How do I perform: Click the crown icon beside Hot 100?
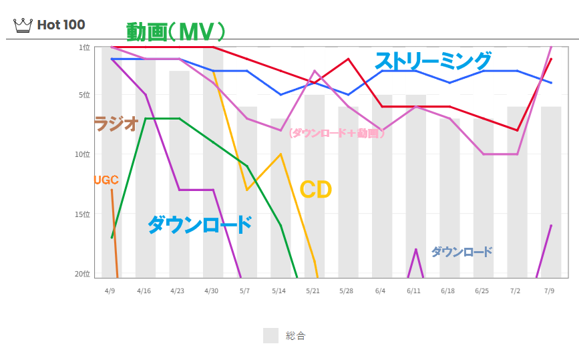[23, 25]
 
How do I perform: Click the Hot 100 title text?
[61, 25]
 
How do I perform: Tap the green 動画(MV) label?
[176, 31]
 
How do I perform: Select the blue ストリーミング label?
[433, 61]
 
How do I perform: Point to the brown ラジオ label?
[116, 124]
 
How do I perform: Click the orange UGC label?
[106, 180]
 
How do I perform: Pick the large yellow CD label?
[316, 190]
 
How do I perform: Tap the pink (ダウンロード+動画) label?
[337, 133]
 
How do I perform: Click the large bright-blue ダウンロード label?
[199, 224]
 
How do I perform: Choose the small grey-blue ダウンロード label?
[461, 252]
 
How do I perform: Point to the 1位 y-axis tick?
[84, 47]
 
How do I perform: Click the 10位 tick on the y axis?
[82, 154]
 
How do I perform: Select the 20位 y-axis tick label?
[82, 274]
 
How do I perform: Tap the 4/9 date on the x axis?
[112, 291]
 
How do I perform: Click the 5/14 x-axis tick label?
[279, 291]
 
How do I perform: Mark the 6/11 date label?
[414, 291]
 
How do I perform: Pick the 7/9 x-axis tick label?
[550, 291]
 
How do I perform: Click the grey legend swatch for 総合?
[270, 335]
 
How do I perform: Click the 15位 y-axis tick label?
[82, 214]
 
